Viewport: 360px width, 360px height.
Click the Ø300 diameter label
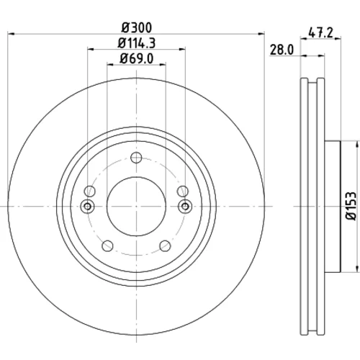[137, 27]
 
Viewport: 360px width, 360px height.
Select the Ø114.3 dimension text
[137, 43]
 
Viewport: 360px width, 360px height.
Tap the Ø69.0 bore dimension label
[137, 58]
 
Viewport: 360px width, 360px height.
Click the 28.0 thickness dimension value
[282, 50]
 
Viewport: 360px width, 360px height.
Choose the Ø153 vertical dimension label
[351, 206]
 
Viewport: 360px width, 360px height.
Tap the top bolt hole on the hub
[136, 158]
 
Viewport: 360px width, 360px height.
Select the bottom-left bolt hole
[107, 246]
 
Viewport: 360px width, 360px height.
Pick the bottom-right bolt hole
[165, 246]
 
